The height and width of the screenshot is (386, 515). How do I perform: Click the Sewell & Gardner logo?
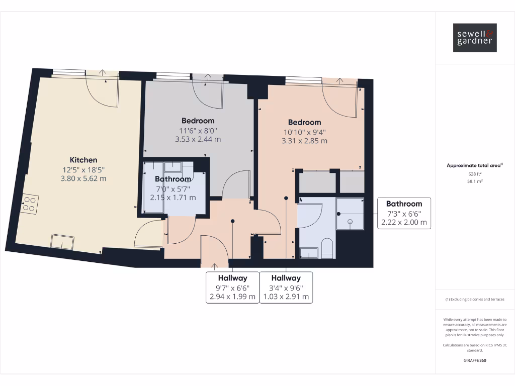(x=475, y=38)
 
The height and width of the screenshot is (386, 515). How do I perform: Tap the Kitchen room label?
(x=83, y=160)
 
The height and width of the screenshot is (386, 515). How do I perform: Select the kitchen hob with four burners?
(x=29, y=204)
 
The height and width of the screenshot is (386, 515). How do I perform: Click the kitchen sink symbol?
(x=62, y=241)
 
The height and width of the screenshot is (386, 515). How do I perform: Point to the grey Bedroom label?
(x=198, y=121)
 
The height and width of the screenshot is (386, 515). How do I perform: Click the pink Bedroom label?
(x=304, y=122)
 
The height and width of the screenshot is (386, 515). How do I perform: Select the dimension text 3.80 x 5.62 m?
(x=83, y=178)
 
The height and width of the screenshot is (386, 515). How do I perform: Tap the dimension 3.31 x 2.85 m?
(x=304, y=141)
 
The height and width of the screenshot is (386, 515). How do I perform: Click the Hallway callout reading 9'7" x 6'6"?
(x=232, y=287)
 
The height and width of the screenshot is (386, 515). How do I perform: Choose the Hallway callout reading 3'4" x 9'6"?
(x=286, y=287)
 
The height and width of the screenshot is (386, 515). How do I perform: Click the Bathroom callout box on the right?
(x=404, y=213)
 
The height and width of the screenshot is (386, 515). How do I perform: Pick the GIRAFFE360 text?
(x=475, y=360)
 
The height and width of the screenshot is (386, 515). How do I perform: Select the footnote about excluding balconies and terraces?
(x=475, y=300)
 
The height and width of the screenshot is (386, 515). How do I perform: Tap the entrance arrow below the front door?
(x=215, y=266)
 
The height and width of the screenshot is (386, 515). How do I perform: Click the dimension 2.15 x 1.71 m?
(x=173, y=198)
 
